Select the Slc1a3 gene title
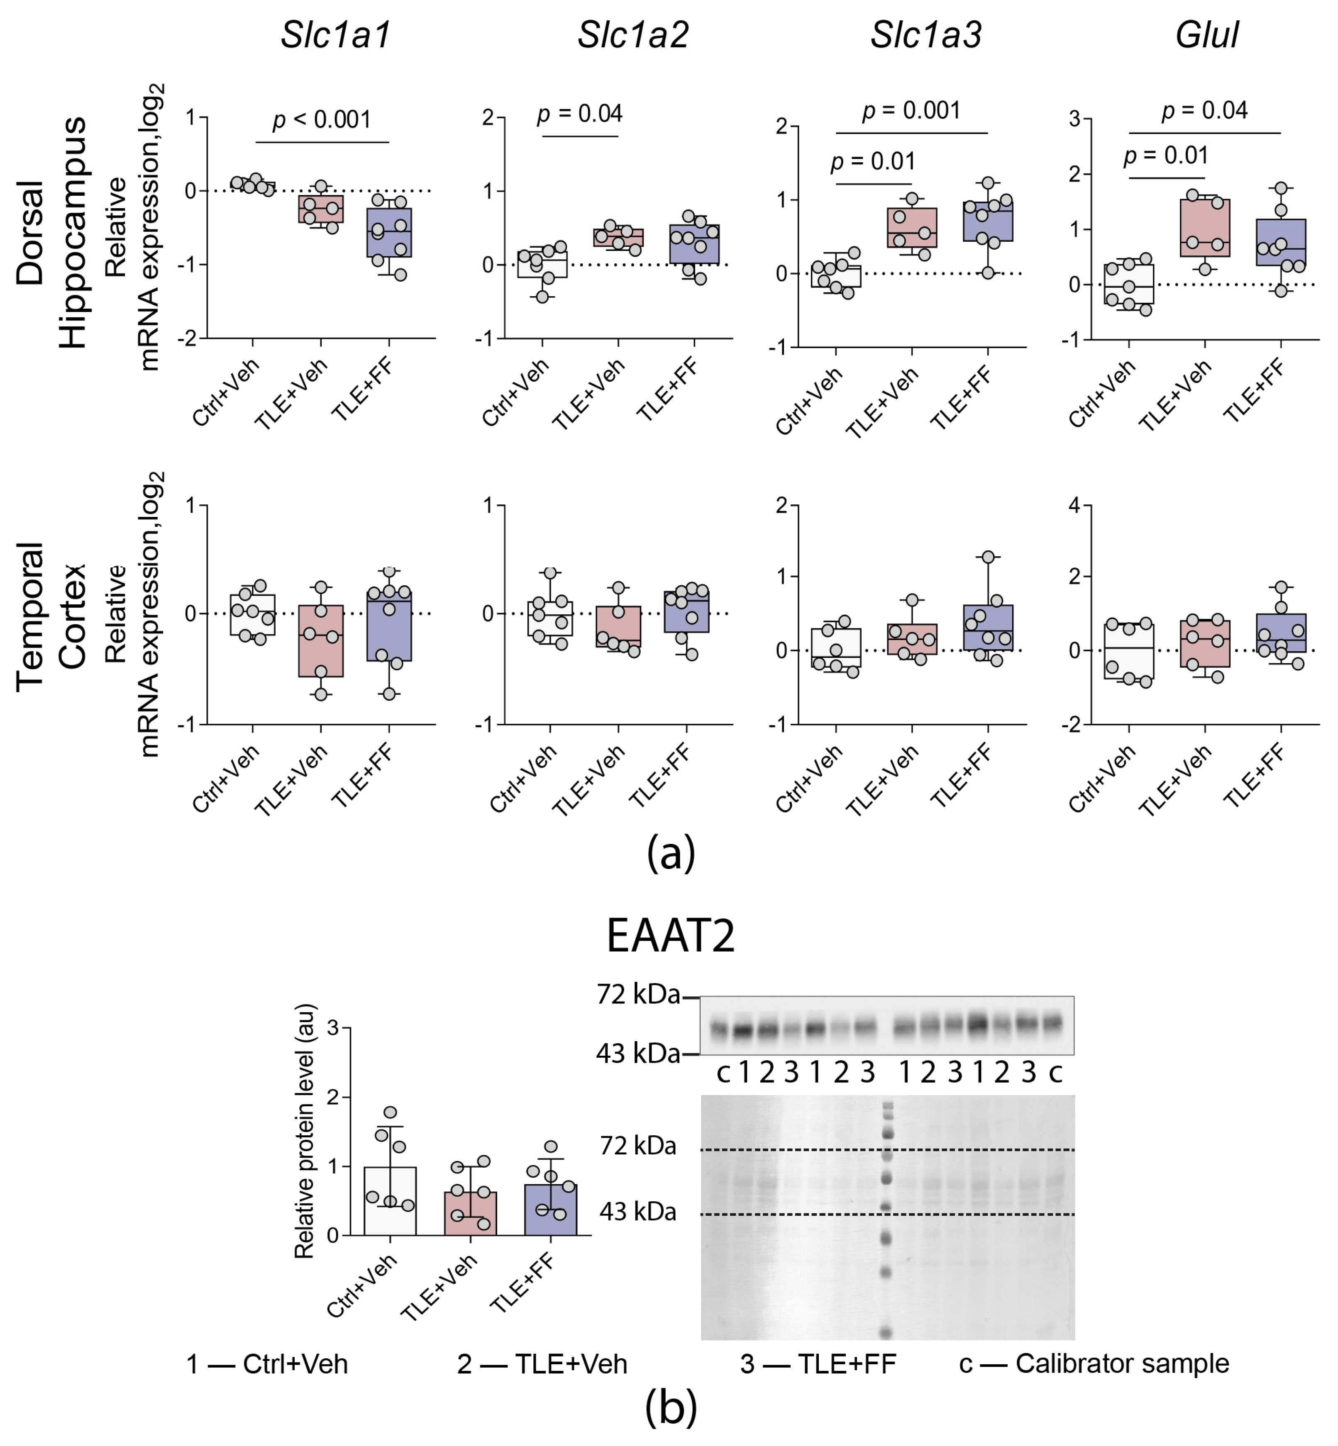(x=925, y=34)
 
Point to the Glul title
(x=1207, y=34)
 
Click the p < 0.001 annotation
(x=322, y=119)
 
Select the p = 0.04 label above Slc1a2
(x=579, y=114)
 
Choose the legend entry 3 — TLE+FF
(x=818, y=1364)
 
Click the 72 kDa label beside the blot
(x=638, y=995)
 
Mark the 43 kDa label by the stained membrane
(x=638, y=1212)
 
